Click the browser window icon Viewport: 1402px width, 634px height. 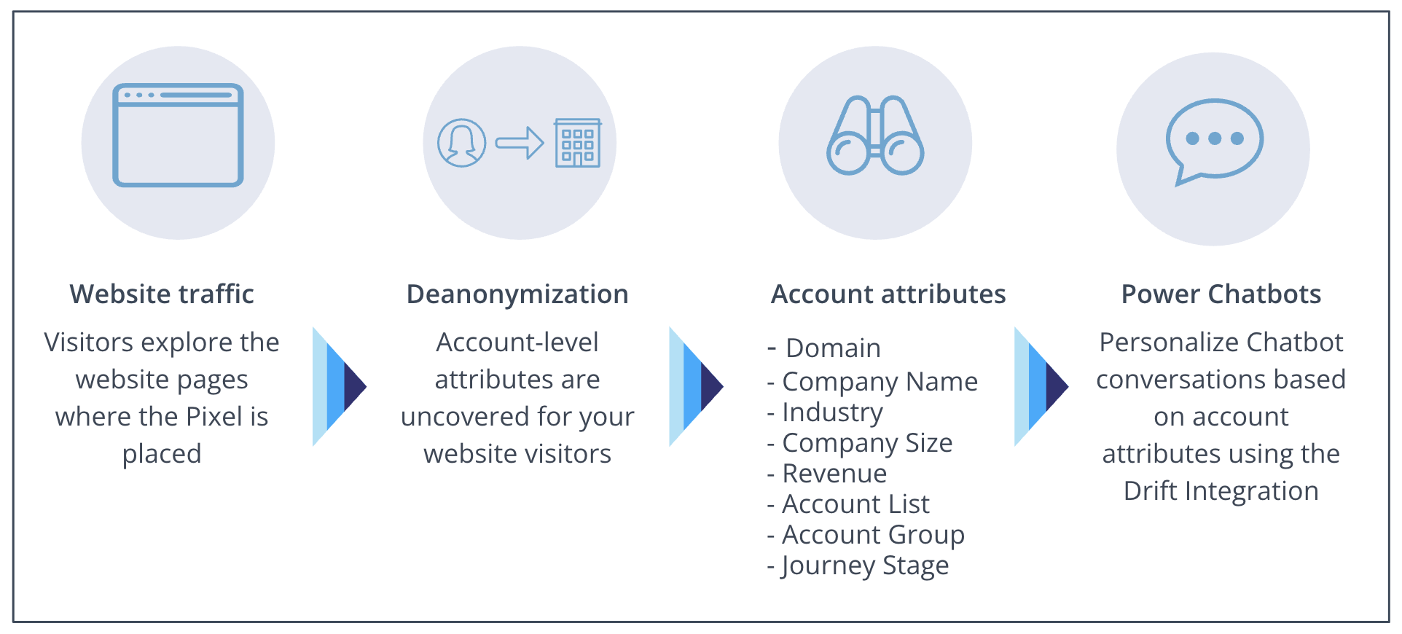tap(178, 136)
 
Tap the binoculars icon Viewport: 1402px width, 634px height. tap(875, 136)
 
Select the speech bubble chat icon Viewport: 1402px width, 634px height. tap(1214, 141)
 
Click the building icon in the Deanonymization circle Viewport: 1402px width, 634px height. tap(578, 143)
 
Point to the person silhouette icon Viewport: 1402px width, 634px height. tap(461, 143)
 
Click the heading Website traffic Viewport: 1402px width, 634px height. tap(162, 294)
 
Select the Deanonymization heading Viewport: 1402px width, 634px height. tap(517, 294)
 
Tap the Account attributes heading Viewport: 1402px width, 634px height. tap(888, 294)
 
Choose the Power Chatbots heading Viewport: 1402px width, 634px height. tap(1221, 294)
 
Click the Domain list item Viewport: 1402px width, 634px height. tap(833, 348)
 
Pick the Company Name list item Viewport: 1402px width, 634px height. tap(880, 381)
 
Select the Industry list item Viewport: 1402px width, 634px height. tap(832, 412)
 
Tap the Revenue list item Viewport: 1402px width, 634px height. tap(834, 474)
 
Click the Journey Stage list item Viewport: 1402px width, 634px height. tap(865, 565)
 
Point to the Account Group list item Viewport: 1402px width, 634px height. tap(873, 535)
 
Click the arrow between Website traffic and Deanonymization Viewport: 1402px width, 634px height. tap(339, 386)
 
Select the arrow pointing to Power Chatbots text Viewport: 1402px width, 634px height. tap(1041, 386)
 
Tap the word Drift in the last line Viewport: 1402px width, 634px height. tap(1151, 491)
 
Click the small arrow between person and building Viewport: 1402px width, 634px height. tap(520, 143)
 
